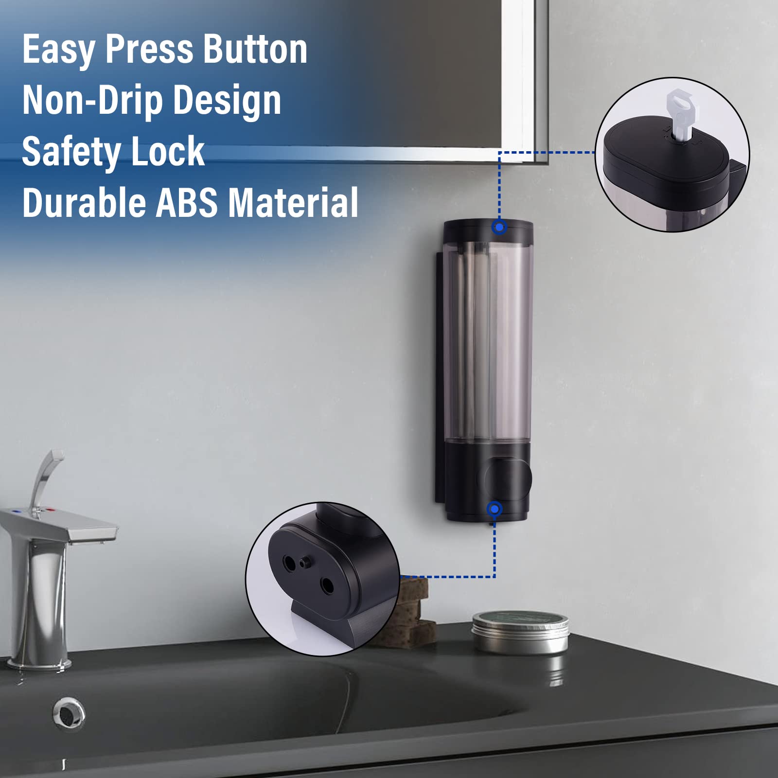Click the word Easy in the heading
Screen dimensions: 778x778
(x=59, y=50)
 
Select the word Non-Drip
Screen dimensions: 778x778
(x=92, y=101)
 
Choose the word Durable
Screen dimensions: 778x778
(x=84, y=203)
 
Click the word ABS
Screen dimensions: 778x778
(x=186, y=203)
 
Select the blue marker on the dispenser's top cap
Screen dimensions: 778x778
(x=499, y=227)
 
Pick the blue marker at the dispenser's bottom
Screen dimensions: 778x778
(x=495, y=509)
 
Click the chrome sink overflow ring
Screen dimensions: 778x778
(x=69, y=713)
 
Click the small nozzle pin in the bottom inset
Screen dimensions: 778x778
(x=305, y=563)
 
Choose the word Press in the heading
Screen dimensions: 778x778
(x=149, y=50)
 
